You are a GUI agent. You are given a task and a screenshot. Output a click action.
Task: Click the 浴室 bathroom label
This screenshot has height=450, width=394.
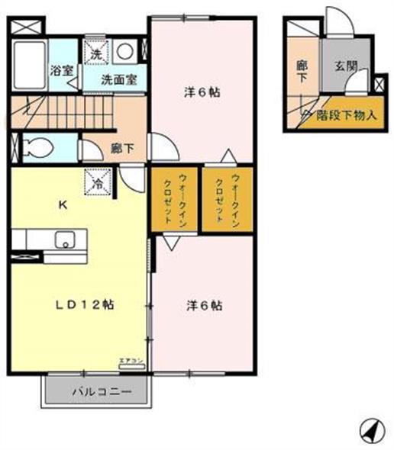tap(60, 71)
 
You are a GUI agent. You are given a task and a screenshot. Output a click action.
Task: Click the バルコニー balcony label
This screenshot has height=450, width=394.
tap(100, 393)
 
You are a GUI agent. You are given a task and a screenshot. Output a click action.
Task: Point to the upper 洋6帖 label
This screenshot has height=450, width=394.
tap(202, 93)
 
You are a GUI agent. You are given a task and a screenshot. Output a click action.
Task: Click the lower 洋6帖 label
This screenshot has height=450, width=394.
tap(205, 306)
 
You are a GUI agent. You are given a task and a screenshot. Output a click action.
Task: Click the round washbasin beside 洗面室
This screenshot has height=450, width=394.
tap(128, 52)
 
